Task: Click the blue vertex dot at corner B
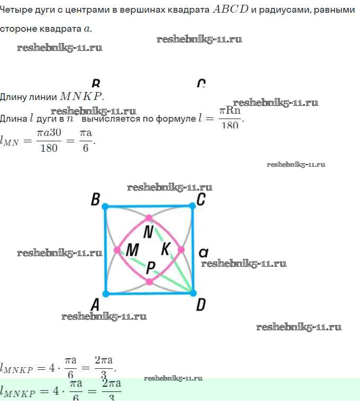[105, 206]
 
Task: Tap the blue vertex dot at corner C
[193, 206]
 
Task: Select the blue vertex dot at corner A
[106, 293]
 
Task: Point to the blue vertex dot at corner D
[193, 293]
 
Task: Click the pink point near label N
[149, 217]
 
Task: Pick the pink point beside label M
[117, 249]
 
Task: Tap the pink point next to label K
[181, 249]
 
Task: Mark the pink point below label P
[149, 281]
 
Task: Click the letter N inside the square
[149, 231]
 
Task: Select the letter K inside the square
[166, 248]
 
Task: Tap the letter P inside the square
[151, 268]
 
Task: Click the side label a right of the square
[203, 253]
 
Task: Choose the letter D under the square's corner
[201, 305]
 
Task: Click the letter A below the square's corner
[95, 305]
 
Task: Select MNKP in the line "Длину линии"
[82, 96]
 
